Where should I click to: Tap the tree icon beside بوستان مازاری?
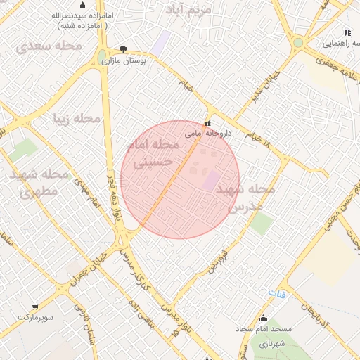click(x=124, y=49)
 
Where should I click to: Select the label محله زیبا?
click(x=79, y=118)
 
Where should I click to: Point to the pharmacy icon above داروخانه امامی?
click(x=207, y=122)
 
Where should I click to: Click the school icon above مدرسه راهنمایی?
click(x=347, y=32)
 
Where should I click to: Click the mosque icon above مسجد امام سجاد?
click(x=264, y=318)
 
